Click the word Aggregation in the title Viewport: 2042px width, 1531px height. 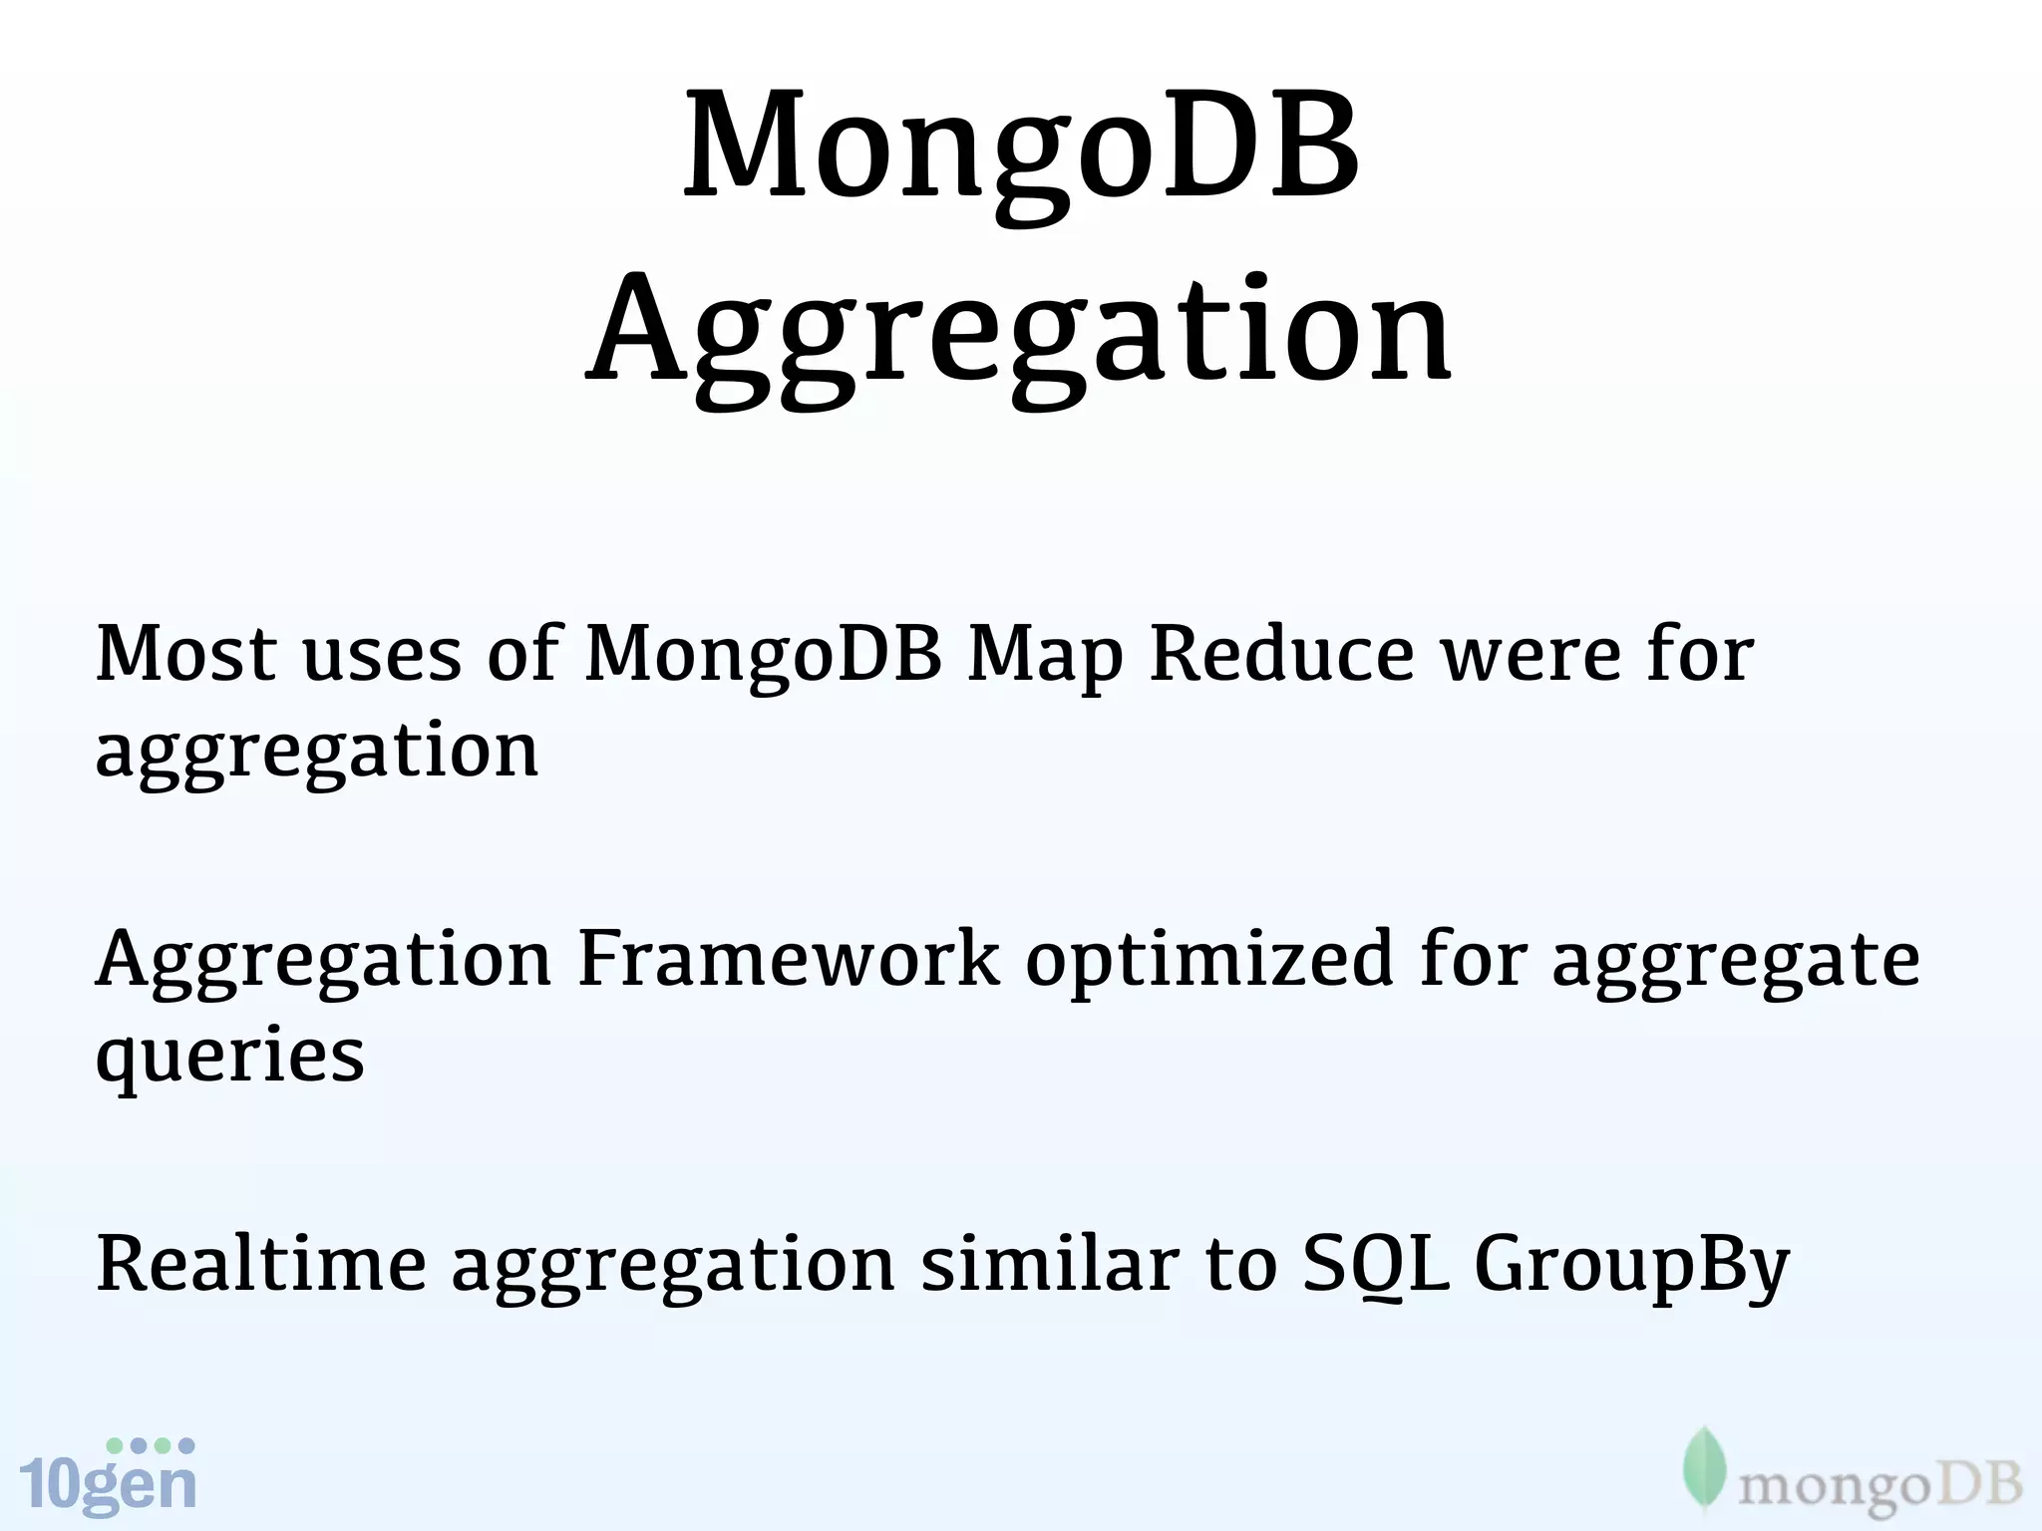coord(1019,334)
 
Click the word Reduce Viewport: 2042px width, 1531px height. coord(1282,654)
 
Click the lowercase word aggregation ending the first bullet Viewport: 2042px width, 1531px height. coord(317,753)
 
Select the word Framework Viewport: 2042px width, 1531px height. coord(788,959)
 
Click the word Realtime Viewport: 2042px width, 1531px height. coord(261,1264)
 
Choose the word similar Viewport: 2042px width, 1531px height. coord(1050,1264)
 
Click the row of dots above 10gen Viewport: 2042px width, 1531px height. coord(151,1445)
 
